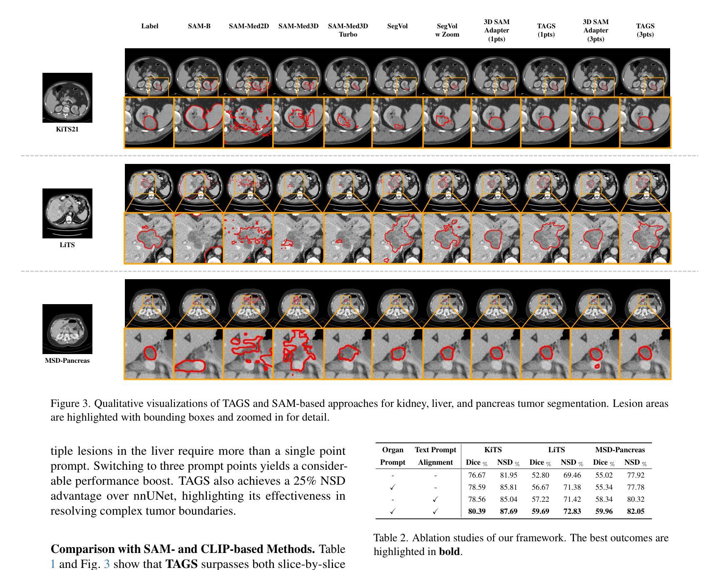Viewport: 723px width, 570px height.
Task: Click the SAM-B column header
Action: pyautogui.click(x=199, y=26)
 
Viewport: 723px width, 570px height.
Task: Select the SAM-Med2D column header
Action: pyautogui.click(x=248, y=26)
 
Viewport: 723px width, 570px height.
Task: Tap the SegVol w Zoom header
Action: pyautogui.click(x=447, y=30)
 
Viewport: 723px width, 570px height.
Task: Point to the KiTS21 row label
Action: pyautogui.click(x=67, y=129)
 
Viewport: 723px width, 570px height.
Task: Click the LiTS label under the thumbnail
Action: pyautogui.click(x=67, y=245)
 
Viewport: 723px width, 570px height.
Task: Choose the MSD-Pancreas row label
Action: pyautogui.click(x=67, y=361)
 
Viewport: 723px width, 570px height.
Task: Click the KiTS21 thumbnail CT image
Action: pyautogui.click(x=67, y=98)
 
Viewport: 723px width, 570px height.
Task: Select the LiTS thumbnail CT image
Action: pyautogui.click(x=67, y=213)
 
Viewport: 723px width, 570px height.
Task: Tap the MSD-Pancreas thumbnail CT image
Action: pyautogui.click(x=67, y=329)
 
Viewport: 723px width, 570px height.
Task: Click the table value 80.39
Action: pyautogui.click(x=477, y=511)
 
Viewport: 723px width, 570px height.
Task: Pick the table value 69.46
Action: pyautogui.click(x=571, y=475)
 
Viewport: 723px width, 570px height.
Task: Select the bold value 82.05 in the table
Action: pyautogui.click(x=635, y=511)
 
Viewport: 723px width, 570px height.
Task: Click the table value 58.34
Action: pyautogui.click(x=604, y=499)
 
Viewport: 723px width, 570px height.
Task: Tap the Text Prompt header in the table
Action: pyautogui.click(x=435, y=450)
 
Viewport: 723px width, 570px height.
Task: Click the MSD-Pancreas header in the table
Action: pyautogui.click(x=619, y=450)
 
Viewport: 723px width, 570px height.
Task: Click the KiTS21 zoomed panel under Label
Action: pyautogui.click(x=149, y=122)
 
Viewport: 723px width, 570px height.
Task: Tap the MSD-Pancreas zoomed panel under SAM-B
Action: pyautogui.click(x=199, y=354)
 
